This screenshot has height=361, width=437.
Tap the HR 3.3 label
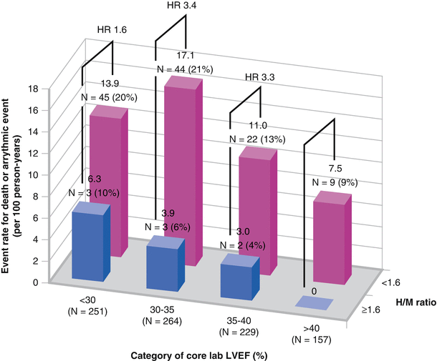point(259,77)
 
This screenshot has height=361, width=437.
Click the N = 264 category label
point(163,321)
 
